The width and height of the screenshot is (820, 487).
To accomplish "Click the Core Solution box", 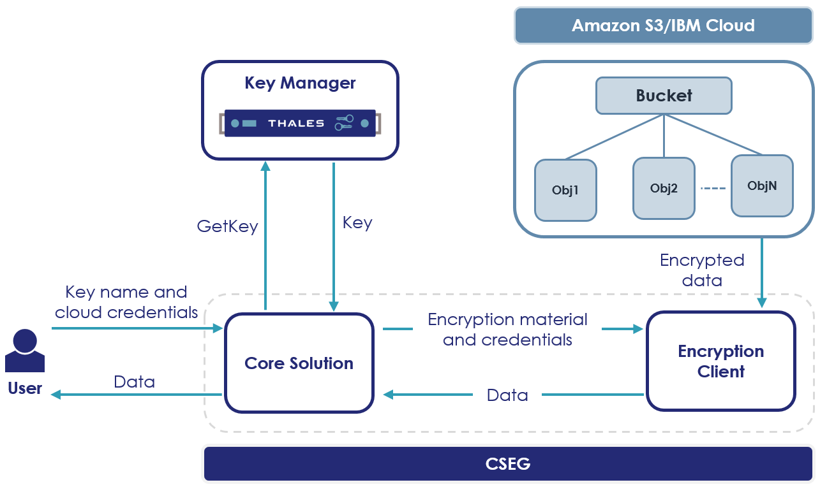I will [x=299, y=363].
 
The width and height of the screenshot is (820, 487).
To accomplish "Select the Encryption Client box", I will [x=720, y=361].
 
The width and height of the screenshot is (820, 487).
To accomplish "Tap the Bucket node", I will [x=664, y=96].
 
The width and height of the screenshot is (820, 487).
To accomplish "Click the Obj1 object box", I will [x=565, y=190].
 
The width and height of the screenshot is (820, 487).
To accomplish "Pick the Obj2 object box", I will [x=664, y=188].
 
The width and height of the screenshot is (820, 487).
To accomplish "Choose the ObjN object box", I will [x=762, y=185].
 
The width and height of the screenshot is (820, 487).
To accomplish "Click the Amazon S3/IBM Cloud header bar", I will [x=663, y=25].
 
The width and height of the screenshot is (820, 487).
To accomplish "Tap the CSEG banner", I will [x=507, y=463].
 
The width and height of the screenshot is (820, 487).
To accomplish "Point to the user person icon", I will [x=25, y=351].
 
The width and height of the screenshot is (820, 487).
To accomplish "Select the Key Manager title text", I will [x=300, y=83].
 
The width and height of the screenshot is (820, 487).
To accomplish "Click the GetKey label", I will [x=227, y=226].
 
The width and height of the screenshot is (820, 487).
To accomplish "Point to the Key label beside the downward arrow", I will [x=357, y=222].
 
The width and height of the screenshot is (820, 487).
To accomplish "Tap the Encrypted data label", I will [x=702, y=270].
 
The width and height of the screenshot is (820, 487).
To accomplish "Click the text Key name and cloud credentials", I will [x=126, y=302].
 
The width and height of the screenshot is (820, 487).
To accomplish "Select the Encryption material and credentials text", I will [x=507, y=329].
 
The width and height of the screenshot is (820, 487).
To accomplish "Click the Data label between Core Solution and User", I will [x=134, y=382].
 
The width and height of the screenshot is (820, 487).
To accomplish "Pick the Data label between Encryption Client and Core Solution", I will [x=507, y=395].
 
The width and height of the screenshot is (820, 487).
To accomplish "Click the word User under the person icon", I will [x=25, y=388].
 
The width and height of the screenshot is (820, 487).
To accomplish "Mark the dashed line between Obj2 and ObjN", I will [x=713, y=188].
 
